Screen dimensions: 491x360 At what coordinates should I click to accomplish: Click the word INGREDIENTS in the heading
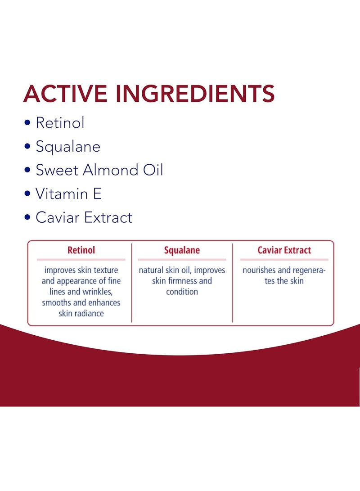[x=195, y=94]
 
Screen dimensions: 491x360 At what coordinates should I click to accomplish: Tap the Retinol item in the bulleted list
[x=60, y=123]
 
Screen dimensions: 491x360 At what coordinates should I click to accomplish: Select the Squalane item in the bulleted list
[x=68, y=147]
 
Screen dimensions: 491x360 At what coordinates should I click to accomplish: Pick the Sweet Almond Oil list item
[x=99, y=170]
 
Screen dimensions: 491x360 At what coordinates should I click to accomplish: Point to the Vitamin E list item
[x=68, y=194]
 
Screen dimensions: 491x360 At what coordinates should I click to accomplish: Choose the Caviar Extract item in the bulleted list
[x=84, y=218]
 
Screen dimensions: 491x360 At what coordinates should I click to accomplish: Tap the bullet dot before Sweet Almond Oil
[x=28, y=171]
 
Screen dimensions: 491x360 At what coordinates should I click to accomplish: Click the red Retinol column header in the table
[x=81, y=250]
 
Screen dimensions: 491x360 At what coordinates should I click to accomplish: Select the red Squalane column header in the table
[x=182, y=250]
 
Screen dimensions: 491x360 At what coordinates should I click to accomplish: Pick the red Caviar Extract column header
[x=284, y=250]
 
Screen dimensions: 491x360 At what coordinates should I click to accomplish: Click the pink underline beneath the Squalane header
[x=182, y=260]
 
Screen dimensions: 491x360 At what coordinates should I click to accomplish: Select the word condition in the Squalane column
[x=182, y=292]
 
